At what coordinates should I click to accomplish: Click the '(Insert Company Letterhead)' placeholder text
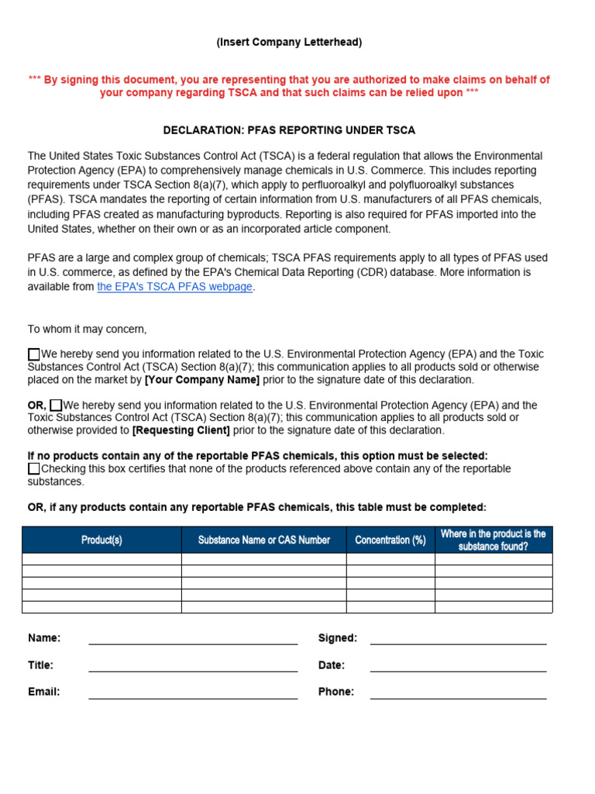tap(288, 43)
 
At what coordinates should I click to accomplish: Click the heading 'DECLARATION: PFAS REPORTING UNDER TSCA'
tap(288, 130)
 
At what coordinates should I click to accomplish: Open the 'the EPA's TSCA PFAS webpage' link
tap(174, 287)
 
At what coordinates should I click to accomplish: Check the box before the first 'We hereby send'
tap(34, 354)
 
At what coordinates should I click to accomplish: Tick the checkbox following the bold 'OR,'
tap(56, 406)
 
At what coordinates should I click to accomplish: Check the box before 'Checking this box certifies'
tap(34, 469)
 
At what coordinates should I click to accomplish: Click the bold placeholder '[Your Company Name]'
tap(202, 380)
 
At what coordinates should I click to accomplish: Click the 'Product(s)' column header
tap(101, 540)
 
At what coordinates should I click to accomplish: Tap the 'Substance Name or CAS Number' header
tap(263, 540)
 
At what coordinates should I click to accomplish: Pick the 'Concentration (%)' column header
tap(390, 540)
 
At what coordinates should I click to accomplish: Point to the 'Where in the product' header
tap(493, 540)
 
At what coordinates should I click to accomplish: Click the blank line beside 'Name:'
tap(193, 639)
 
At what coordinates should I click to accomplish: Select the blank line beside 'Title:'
tap(193, 666)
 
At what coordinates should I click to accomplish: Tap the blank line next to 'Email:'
tap(193, 693)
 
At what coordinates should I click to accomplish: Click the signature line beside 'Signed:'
tap(458, 639)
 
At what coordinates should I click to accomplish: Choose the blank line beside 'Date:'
tap(458, 666)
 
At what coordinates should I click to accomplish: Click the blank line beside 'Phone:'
tap(458, 693)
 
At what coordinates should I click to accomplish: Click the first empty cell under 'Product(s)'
tap(101, 559)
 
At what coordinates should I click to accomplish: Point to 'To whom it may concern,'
tap(87, 330)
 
